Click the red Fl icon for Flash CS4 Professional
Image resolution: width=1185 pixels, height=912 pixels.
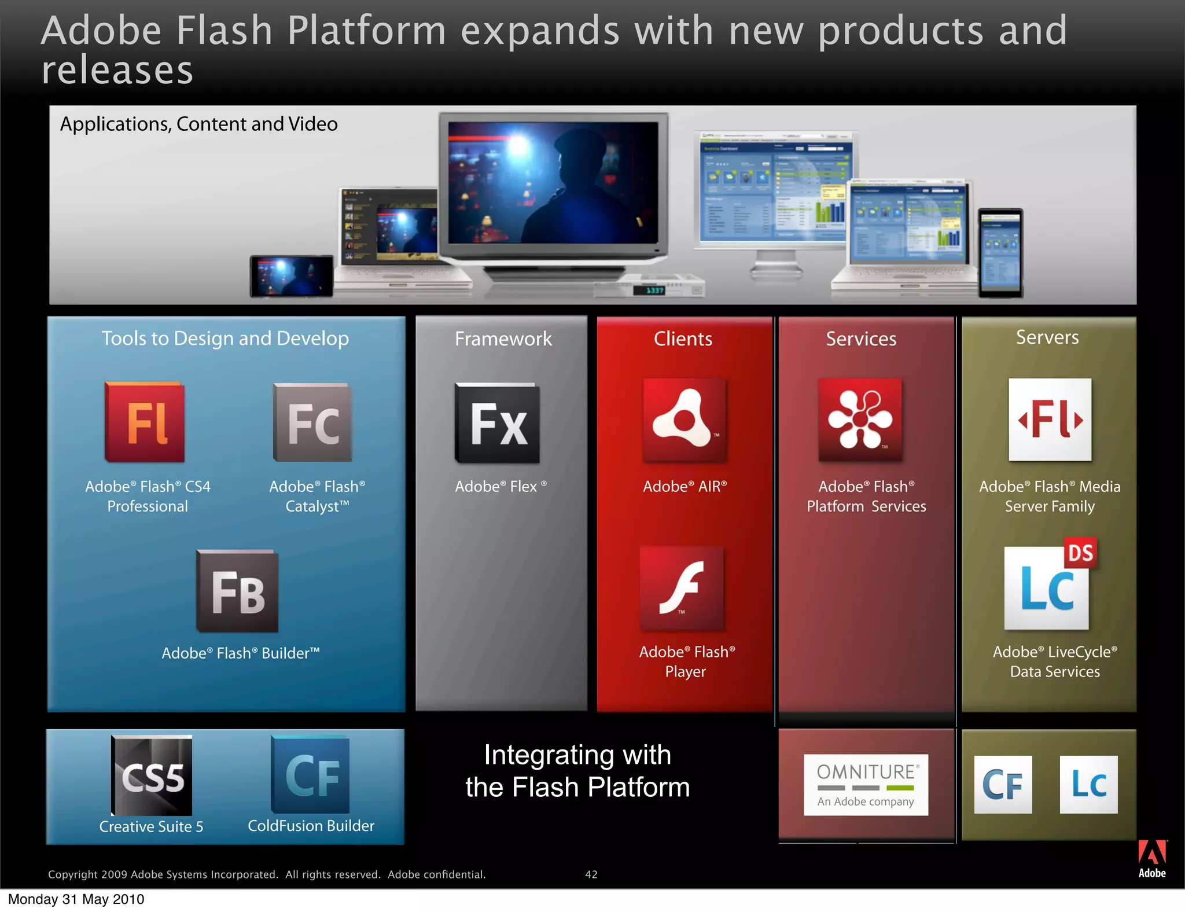(x=145, y=422)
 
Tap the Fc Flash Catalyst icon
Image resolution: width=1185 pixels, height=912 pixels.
(x=312, y=422)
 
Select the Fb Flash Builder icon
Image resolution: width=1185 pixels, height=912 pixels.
(x=237, y=591)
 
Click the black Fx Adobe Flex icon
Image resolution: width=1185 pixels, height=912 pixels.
(x=498, y=423)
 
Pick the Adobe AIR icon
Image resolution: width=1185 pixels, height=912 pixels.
(x=684, y=420)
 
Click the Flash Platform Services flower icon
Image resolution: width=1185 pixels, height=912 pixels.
(x=860, y=420)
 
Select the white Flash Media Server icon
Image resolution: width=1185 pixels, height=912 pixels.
(x=1050, y=420)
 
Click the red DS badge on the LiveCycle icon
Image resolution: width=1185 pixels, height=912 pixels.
(x=1080, y=553)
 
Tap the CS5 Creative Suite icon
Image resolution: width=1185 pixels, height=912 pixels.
(x=152, y=775)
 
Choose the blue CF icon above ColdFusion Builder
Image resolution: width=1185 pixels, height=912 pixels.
(x=311, y=775)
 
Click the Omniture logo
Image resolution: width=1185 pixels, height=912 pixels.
(x=866, y=784)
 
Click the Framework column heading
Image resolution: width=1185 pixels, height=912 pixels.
(x=503, y=339)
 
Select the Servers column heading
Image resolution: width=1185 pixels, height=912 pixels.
(x=1047, y=337)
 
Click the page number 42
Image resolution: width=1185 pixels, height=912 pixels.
(x=591, y=874)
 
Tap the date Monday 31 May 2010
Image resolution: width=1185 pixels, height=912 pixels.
(x=76, y=899)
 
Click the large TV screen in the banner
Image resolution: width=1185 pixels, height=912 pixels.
(x=553, y=182)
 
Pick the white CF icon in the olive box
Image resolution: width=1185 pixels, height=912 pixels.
(x=1003, y=785)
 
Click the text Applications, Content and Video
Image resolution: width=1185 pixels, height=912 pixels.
(x=198, y=124)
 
